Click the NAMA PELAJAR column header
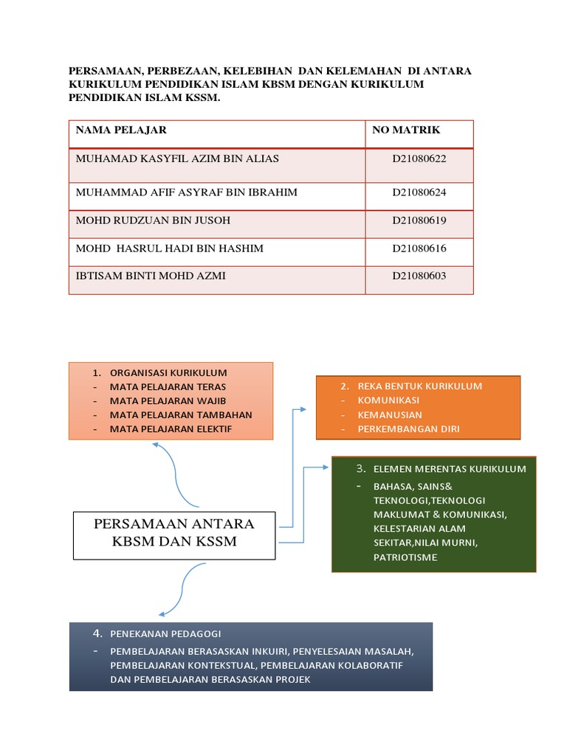[121, 131]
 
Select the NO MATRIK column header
[405, 131]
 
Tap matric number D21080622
[419, 159]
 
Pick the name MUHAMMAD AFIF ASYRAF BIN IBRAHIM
[187, 192]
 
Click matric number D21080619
[419, 220]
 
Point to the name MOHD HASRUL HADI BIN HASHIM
[170, 248]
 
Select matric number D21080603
[419, 276]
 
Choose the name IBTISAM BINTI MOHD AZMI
[151, 276]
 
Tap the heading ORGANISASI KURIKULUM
[168, 373]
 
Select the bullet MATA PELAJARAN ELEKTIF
[171, 428]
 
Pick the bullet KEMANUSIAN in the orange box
[390, 414]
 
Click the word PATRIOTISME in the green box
[405, 557]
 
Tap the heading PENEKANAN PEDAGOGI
[165, 634]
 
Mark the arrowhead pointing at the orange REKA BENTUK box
[303, 408]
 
